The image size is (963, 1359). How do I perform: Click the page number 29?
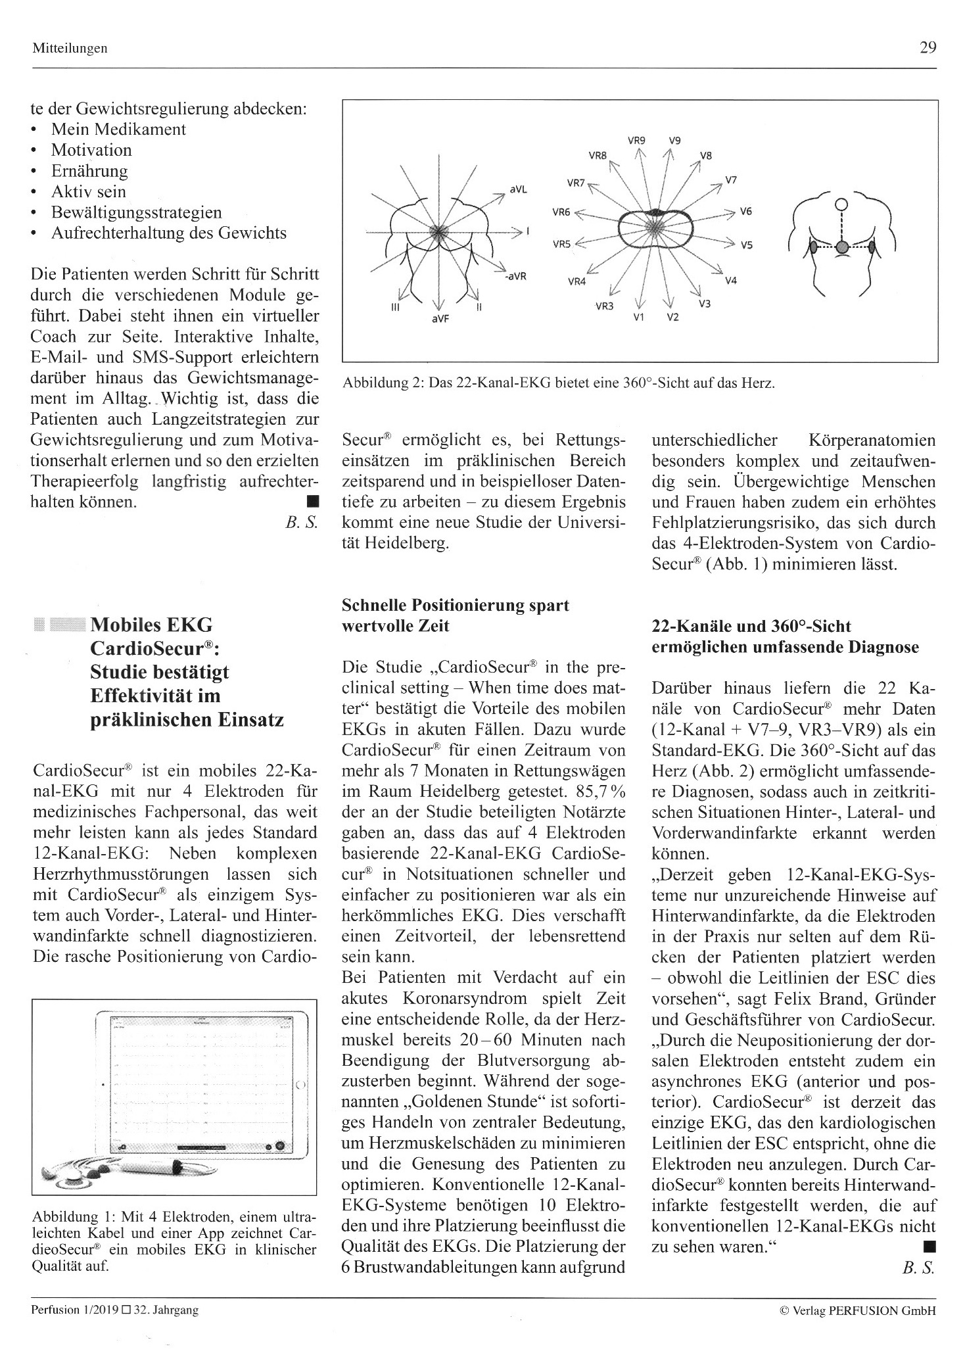tap(928, 47)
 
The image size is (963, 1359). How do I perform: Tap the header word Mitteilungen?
tap(69, 49)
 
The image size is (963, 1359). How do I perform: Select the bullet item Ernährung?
tap(89, 171)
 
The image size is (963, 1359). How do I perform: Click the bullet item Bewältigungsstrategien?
tap(137, 212)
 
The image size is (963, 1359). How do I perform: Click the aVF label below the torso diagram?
tap(438, 318)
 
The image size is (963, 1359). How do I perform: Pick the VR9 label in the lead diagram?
tap(636, 140)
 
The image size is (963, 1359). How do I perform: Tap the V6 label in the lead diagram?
tap(745, 212)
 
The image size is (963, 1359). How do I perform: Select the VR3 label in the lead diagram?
tap(604, 306)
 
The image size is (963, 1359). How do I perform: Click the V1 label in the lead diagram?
tap(638, 318)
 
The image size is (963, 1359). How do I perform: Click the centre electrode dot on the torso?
tap(841, 247)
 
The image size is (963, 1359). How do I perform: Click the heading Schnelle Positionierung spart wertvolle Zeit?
tap(455, 615)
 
